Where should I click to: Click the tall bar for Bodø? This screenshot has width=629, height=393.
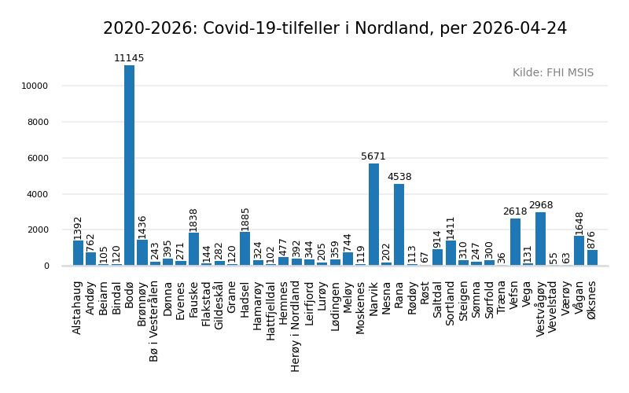(x=129, y=165)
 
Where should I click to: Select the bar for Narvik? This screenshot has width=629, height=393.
(x=373, y=215)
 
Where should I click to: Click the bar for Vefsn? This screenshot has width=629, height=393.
(x=515, y=242)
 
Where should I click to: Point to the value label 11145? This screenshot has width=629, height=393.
(x=129, y=59)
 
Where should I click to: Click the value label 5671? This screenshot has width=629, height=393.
(x=373, y=157)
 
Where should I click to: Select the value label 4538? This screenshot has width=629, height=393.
(x=399, y=178)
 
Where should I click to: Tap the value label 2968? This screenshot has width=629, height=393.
(x=540, y=206)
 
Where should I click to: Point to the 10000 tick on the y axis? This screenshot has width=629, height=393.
(x=35, y=86)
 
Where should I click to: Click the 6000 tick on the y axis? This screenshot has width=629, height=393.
(x=37, y=158)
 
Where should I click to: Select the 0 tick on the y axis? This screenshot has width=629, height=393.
(x=46, y=266)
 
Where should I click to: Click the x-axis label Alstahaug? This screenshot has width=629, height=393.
(x=78, y=307)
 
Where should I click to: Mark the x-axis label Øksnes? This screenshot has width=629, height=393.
(x=592, y=299)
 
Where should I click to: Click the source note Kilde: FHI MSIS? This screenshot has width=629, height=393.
(x=553, y=73)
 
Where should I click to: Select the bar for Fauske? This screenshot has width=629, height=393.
(x=193, y=249)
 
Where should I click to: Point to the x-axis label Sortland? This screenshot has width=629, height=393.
(x=451, y=303)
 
